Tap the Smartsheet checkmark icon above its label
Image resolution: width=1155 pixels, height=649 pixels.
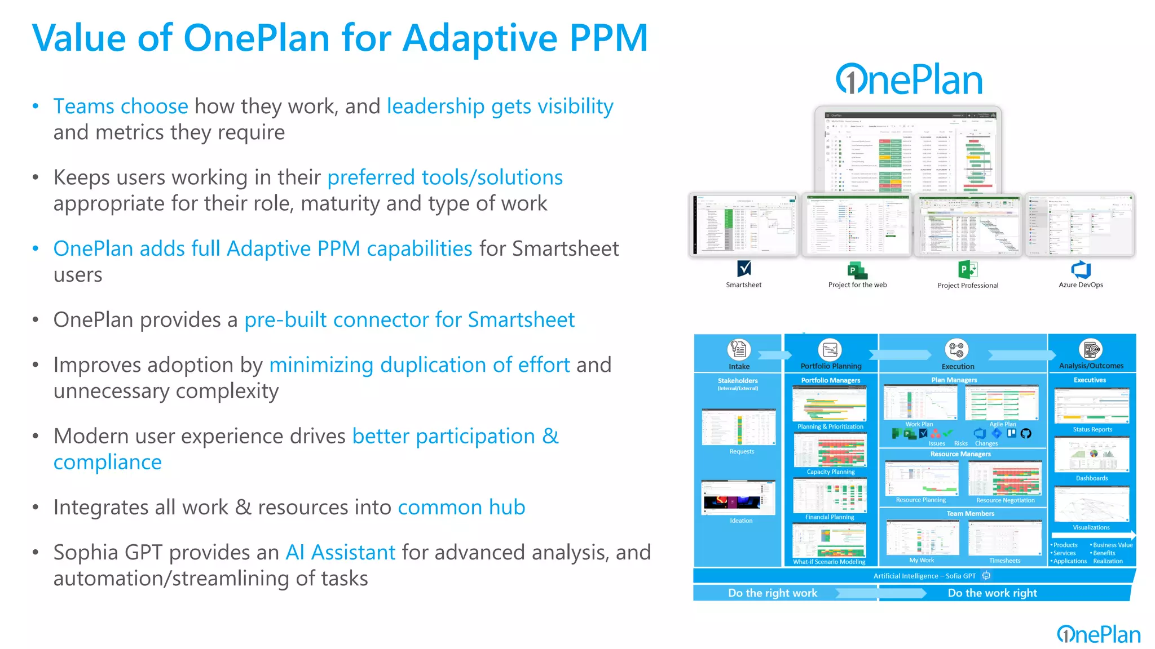click(744, 268)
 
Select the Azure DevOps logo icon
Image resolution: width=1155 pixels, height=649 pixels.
click(1081, 269)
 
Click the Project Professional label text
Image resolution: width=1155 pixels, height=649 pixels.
click(968, 286)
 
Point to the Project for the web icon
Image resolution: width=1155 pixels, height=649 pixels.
click(857, 270)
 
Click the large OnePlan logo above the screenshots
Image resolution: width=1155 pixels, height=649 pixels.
click(909, 80)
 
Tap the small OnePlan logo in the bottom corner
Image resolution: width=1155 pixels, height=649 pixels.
click(1099, 634)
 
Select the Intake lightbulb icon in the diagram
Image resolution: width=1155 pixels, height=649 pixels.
click(738, 349)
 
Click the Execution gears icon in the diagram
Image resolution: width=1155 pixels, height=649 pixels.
click(956, 350)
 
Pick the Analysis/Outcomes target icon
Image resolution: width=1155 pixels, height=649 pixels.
click(1091, 349)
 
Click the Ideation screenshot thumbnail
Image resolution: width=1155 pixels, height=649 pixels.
click(738, 497)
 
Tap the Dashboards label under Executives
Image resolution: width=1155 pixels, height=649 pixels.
click(1092, 478)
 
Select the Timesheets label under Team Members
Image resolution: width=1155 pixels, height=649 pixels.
click(1004, 561)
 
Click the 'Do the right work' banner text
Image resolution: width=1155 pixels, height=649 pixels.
click(773, 593)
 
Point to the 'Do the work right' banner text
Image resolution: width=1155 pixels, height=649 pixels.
click(992, 593)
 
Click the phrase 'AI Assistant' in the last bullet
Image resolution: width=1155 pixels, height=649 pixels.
click(341, 553)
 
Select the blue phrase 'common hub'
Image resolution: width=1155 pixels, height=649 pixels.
click(461, 508)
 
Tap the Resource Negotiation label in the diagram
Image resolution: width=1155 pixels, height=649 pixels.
click(1005, 500)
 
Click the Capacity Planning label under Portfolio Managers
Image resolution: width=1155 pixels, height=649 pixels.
click(830, 472)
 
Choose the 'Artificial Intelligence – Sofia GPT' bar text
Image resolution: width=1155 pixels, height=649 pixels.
click(924, 576)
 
